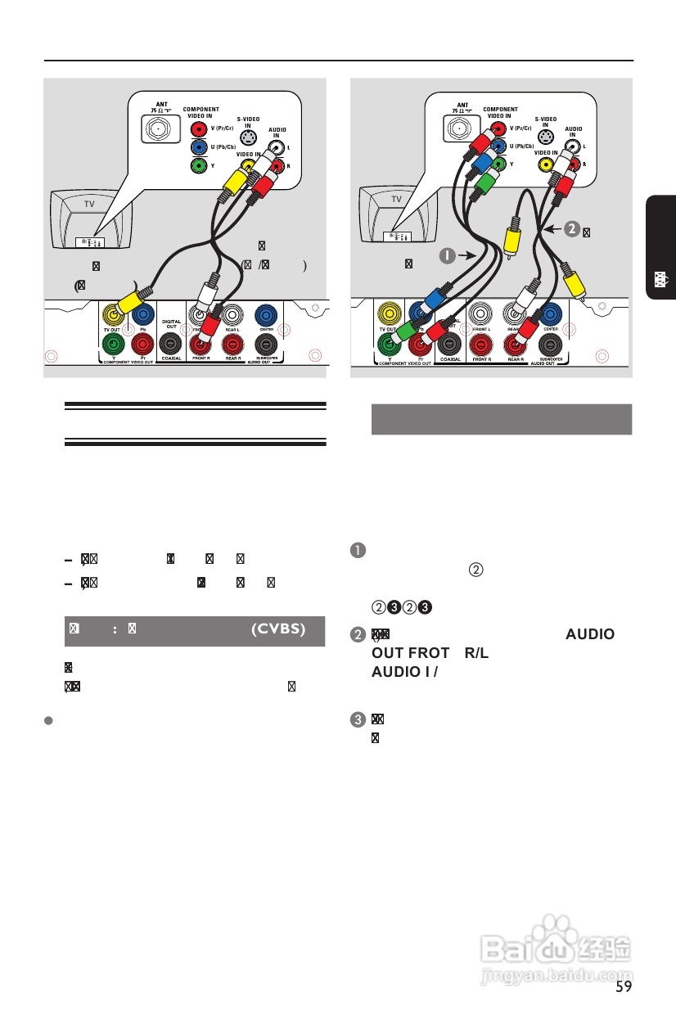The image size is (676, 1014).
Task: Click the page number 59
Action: point(624,986)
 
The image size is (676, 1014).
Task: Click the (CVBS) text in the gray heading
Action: point(277,629)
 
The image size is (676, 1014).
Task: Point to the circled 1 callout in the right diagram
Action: point(447,256)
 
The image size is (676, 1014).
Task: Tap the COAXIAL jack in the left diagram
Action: point(171,344)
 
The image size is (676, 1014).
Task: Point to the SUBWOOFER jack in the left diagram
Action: point(264,344)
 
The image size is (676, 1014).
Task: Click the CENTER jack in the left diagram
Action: point(264,315)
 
